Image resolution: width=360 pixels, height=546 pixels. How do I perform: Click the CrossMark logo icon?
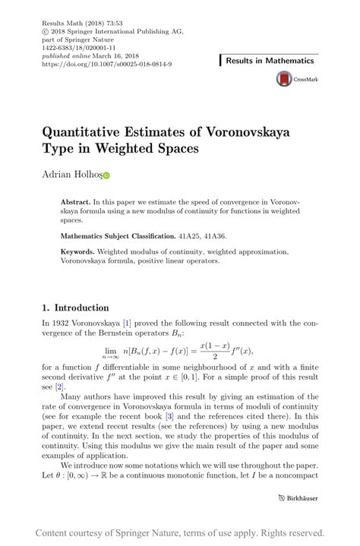[284, 78]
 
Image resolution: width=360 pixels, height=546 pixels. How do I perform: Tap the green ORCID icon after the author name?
[106, 176]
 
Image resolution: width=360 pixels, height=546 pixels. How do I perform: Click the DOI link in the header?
[106, 64]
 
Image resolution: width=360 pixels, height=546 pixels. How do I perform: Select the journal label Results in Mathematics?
[270, 60]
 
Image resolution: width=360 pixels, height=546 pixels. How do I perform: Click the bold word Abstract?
[76, 202]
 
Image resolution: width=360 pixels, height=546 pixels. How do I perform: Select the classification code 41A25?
[190, 236]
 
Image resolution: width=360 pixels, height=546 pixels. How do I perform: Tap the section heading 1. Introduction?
[75, 308]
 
